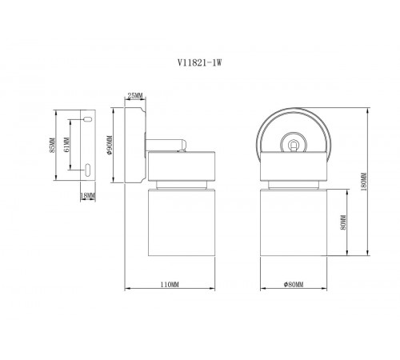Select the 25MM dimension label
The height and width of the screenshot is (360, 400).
tap(134, 96)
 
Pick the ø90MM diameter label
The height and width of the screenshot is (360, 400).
tap(108, 145)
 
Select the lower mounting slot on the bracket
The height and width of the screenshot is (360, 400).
tap(86, 169)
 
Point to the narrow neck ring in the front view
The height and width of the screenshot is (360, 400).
tap(294, 185)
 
